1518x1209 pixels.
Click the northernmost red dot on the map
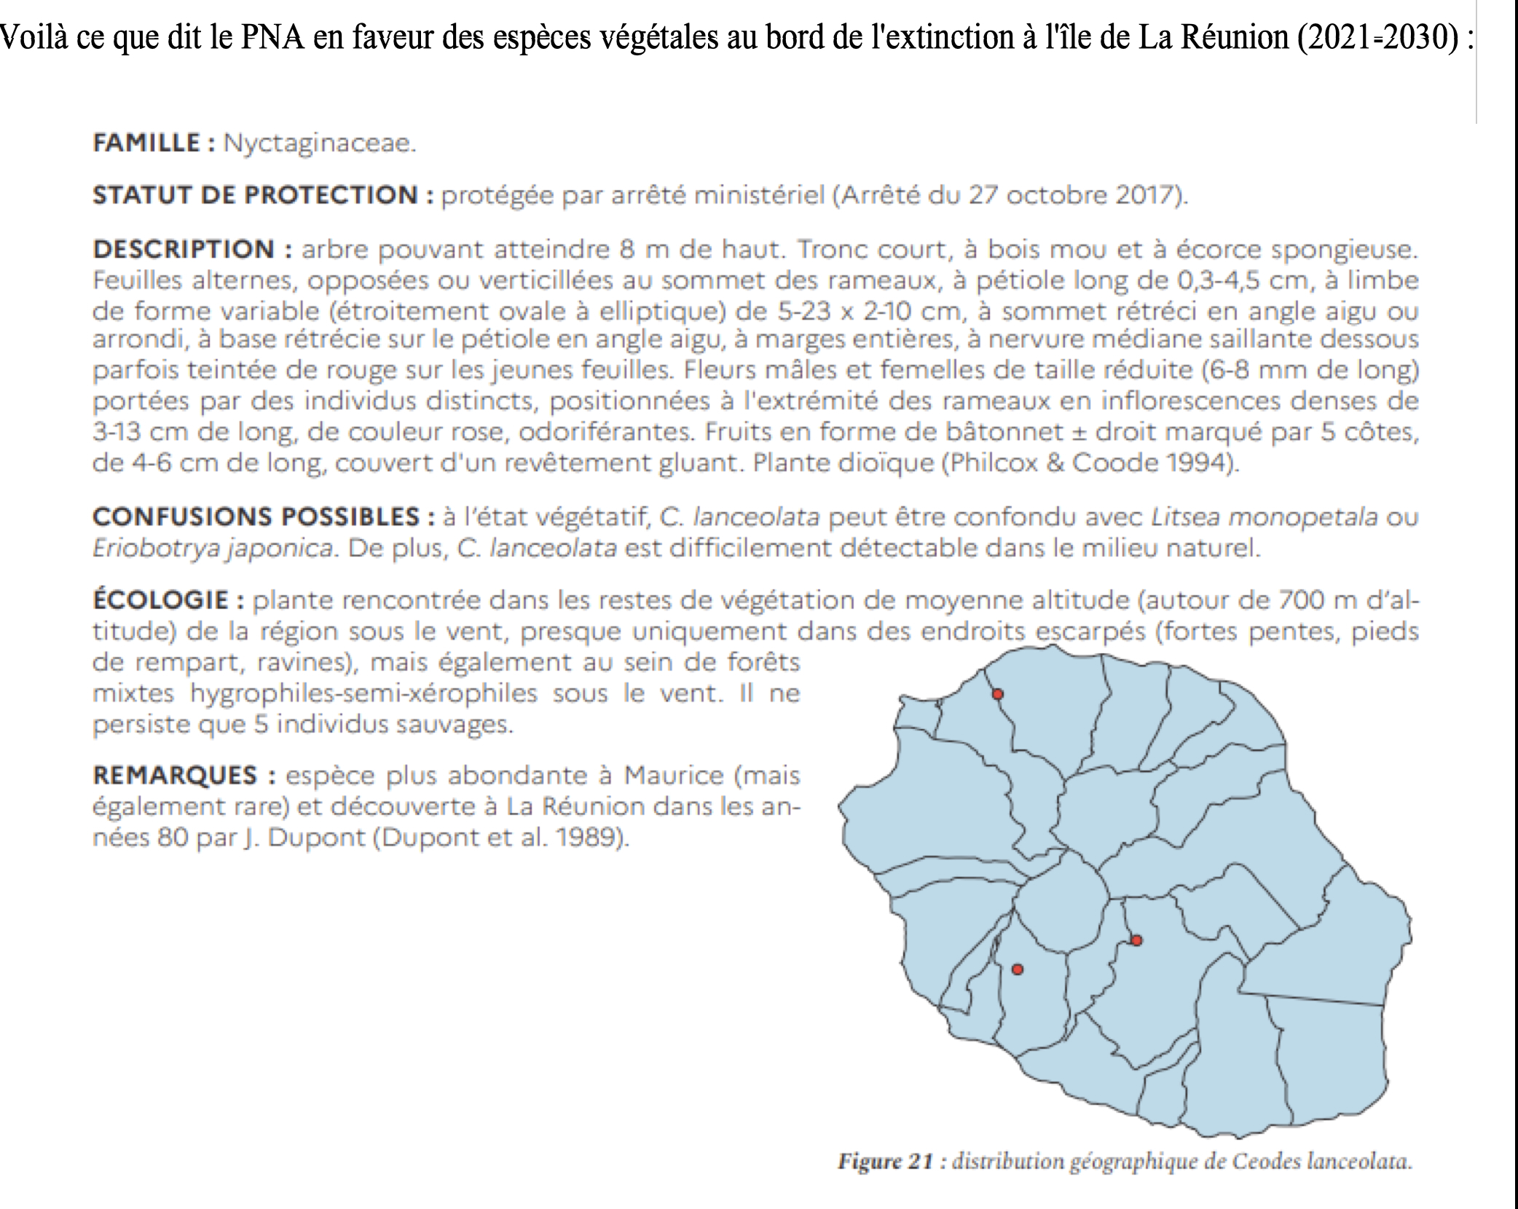998,694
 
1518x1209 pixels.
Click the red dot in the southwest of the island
1018,969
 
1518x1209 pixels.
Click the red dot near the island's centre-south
1136,940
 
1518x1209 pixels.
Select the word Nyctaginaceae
319,143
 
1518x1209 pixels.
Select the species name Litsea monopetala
1264,517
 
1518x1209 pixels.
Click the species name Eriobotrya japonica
213,548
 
